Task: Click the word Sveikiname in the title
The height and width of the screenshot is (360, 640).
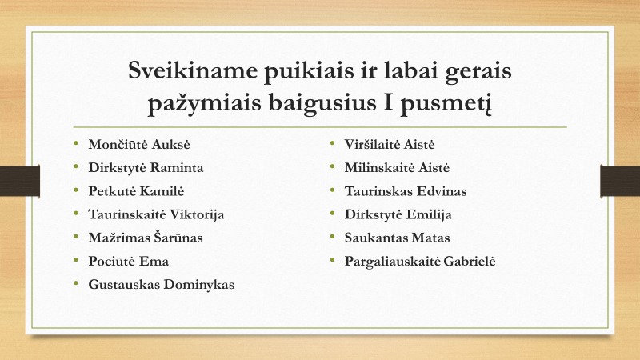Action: coord(193,70)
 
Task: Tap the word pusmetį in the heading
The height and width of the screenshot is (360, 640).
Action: coord(446,103)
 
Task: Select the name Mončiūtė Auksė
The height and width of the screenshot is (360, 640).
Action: coord(139,145)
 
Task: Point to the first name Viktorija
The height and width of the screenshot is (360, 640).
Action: coord(197,214)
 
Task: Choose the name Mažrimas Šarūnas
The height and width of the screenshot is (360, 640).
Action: coord(146,238)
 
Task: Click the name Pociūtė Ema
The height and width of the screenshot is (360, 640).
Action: coord(129,262)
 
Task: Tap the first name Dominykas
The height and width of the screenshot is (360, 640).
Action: coord(199,285)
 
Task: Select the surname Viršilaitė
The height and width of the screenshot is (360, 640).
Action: coord(371,145)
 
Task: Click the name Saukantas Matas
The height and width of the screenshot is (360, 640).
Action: coord(397,238)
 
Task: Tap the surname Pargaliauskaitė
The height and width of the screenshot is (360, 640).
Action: coord(392,262)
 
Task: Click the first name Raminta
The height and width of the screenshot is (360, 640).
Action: coord(177,168)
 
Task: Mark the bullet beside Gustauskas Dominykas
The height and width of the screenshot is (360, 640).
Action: coord(76,283)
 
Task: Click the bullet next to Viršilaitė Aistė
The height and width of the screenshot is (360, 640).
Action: coord(332,143)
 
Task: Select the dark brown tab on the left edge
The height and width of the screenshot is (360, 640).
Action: coord(20,181)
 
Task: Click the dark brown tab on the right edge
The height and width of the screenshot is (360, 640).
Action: coord(620,181)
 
